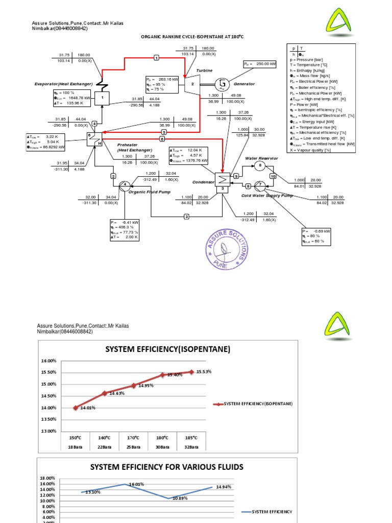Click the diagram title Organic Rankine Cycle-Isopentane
tap(192, 37)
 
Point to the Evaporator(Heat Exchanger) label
tap(63, 83)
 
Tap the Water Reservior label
tap(261, 158)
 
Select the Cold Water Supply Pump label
tap(267, 195)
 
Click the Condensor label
tap(203, 182)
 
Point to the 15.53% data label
tap(204, 372)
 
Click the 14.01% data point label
tap(87, 408)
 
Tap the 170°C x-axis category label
tap(134, 438)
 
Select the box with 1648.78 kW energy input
tap(72, 97)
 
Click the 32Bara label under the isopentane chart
tap(191, 447)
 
